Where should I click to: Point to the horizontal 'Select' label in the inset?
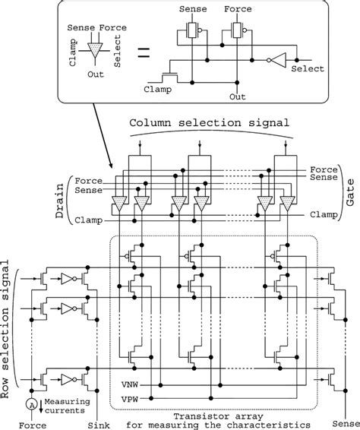tap(308, 68)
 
